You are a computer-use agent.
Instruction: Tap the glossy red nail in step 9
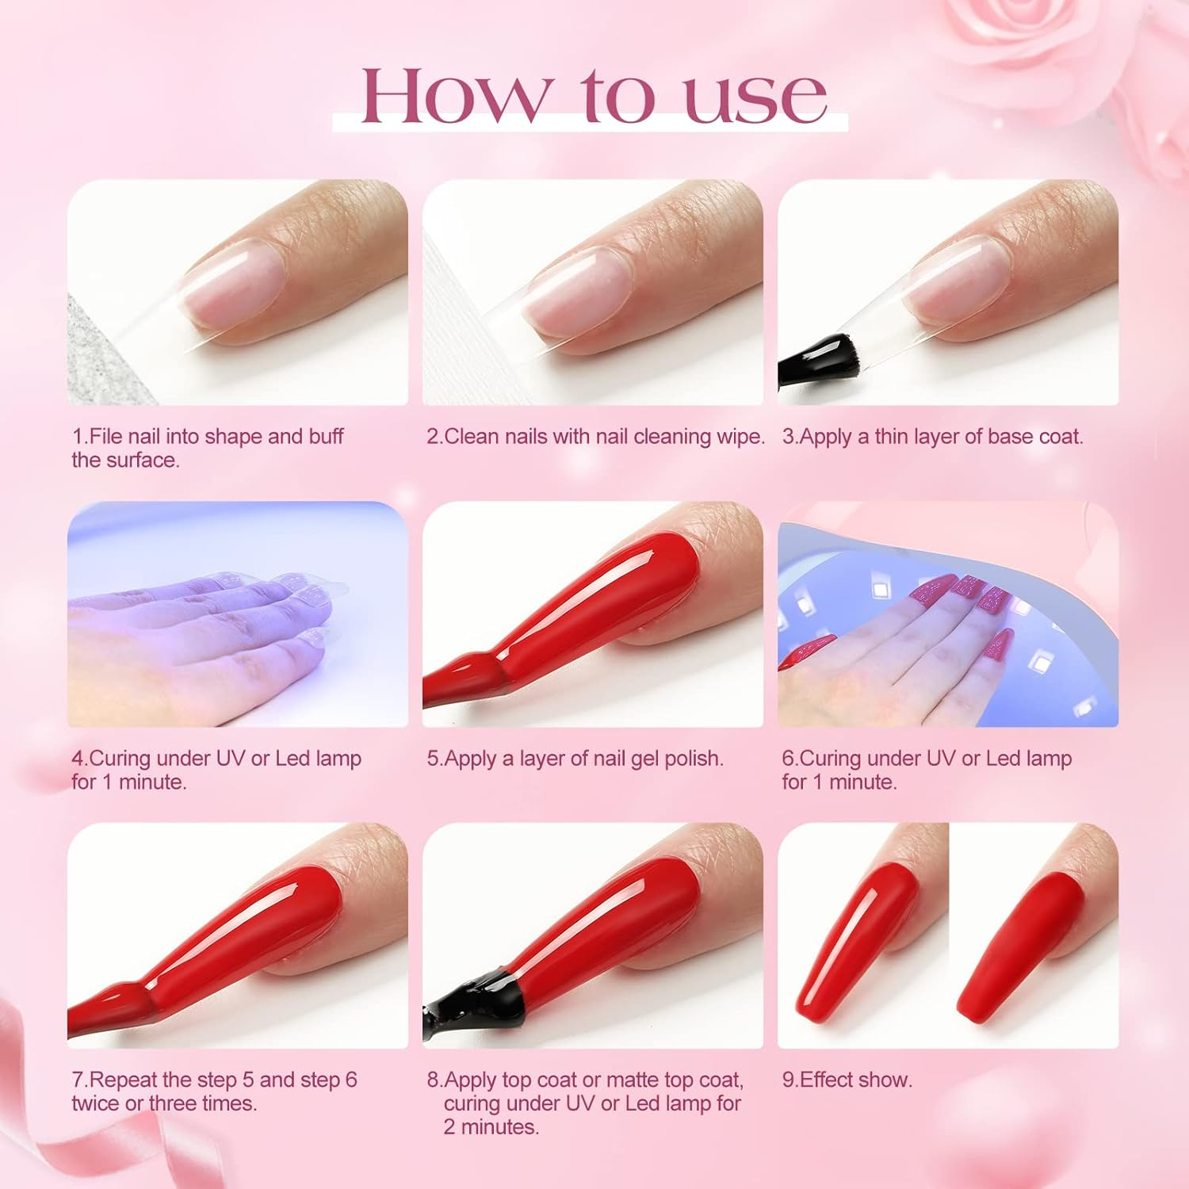(856, 935)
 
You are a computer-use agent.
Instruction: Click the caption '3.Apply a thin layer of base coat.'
(932, 437)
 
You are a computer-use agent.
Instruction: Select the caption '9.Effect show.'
(847, 1080)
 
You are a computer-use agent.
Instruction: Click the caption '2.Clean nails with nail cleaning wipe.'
(595, 437)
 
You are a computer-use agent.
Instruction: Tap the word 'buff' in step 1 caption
(326, 436)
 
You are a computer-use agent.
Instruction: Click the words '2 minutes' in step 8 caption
(491, 1126)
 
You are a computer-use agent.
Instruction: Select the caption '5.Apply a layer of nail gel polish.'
(575, 759)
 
